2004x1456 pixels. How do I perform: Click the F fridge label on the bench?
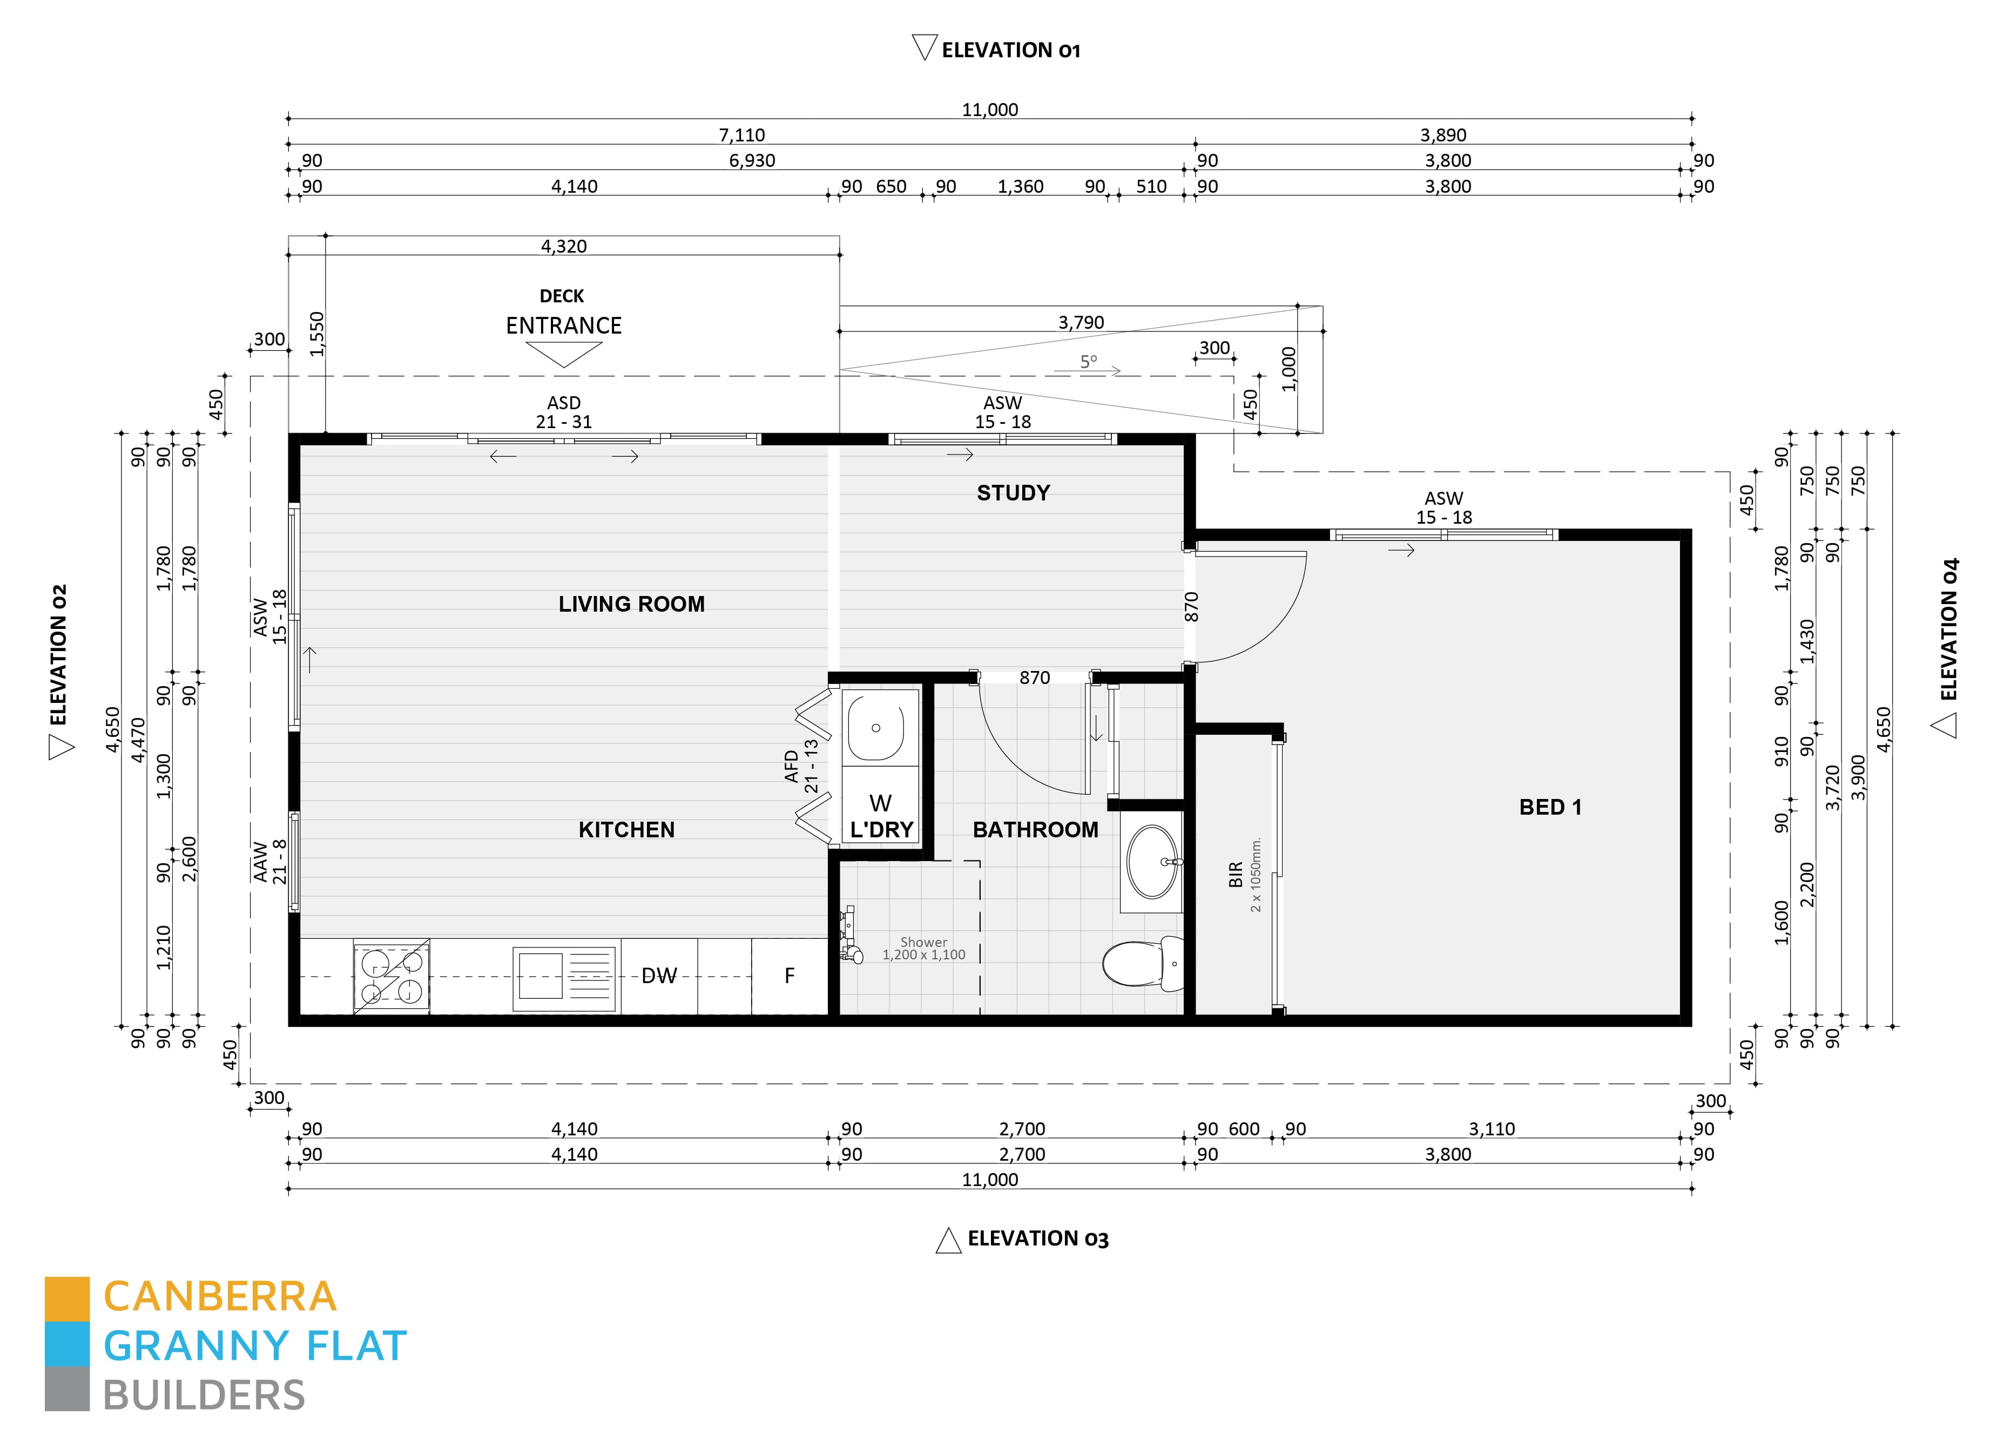pos(789,976)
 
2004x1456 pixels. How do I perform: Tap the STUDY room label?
pos(1013,493)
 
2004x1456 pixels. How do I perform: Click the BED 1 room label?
pos(1550,807)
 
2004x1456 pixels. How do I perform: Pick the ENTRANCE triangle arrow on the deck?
pos(564,354)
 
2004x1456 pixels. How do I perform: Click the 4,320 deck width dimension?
pos(564,247)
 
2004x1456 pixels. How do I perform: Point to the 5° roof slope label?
pos(1088,361)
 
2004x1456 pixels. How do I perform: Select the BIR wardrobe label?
pos(1235,875)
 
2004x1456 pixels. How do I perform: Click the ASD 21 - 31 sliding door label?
pos(564,412)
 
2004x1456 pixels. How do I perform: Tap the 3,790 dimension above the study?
pos(1081,322)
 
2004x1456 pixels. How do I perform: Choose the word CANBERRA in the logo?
pos(220,1297)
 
